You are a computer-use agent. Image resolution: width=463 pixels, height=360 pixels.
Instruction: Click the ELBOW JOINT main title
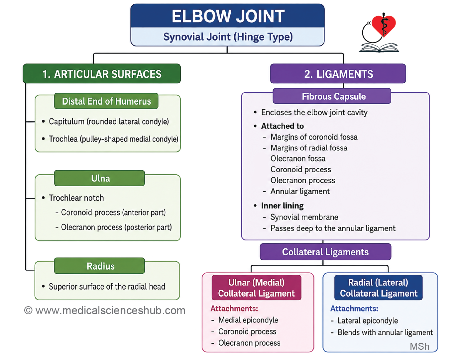click(228, 16)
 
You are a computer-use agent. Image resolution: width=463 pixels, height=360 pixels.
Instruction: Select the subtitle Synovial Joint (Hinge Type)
click(228, 37)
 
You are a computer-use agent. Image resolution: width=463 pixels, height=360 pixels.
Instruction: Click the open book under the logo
click(379, 48)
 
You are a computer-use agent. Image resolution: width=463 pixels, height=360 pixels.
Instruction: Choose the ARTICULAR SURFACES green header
click(102, 74)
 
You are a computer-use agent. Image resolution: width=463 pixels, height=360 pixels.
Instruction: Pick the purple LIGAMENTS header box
click(338, 74)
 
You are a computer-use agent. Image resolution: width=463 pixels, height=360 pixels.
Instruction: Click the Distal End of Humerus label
click(106, 101)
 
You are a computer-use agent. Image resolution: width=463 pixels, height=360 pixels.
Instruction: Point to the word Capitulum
click(66, 122)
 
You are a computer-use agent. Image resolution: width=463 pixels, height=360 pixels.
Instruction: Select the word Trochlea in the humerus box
click(63, 139)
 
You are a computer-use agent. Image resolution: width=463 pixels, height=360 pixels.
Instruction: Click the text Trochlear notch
click(76, 198)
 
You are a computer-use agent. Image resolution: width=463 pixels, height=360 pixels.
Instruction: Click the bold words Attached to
click(283, 126)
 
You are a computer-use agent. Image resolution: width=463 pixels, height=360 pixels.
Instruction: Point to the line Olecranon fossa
click(298, 159)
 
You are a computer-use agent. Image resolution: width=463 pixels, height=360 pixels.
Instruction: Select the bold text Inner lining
click(282, 206)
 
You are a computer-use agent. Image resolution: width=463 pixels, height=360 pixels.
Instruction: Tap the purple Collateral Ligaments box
click(326, 252)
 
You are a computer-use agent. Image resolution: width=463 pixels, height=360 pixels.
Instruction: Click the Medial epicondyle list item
click(248, 320)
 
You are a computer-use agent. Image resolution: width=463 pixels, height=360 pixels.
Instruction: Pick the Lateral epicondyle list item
click(368, 320)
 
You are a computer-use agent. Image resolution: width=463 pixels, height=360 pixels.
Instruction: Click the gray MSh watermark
click(419, 346)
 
